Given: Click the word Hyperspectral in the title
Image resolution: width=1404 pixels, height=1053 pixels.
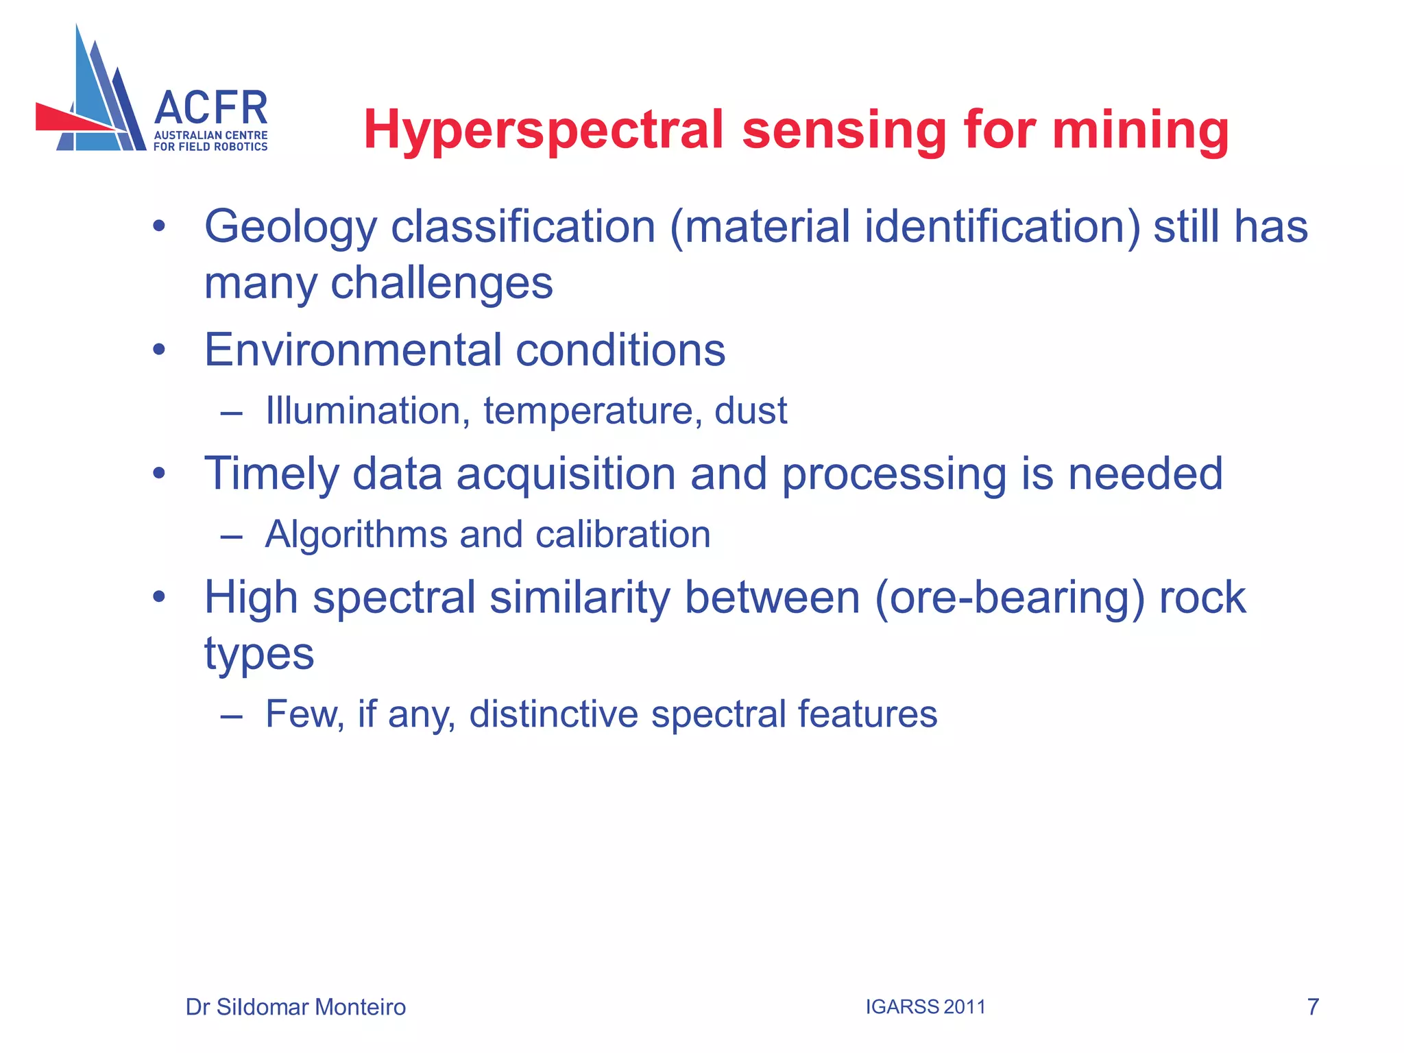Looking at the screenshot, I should point(543,130).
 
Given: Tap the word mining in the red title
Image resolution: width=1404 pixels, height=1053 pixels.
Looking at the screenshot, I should point(1140,130).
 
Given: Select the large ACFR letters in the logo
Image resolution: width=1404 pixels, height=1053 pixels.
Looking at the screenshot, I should point(210,109).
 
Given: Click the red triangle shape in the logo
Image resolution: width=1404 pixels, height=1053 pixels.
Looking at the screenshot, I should point(69,119).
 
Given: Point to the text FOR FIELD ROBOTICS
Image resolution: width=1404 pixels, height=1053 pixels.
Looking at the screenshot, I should point(210,147).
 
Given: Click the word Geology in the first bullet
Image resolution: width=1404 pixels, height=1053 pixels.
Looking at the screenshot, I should point(291,228).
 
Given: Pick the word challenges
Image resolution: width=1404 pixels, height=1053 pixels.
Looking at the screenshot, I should point(441,283).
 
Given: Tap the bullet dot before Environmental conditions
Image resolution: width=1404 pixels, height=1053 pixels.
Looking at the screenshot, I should point(159,350).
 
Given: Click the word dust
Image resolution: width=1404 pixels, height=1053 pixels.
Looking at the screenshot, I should point(751,411).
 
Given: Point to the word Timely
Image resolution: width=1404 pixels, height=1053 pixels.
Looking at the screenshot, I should point(271,474).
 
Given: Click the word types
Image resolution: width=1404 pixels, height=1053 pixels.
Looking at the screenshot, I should point(259,654).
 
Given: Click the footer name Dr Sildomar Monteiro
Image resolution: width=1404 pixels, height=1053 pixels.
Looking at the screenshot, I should point(295,1007).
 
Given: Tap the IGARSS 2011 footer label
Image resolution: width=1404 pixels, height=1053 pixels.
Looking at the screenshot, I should point(925,1007).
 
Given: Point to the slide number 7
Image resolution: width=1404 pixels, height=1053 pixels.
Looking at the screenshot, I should point(1313,1007).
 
